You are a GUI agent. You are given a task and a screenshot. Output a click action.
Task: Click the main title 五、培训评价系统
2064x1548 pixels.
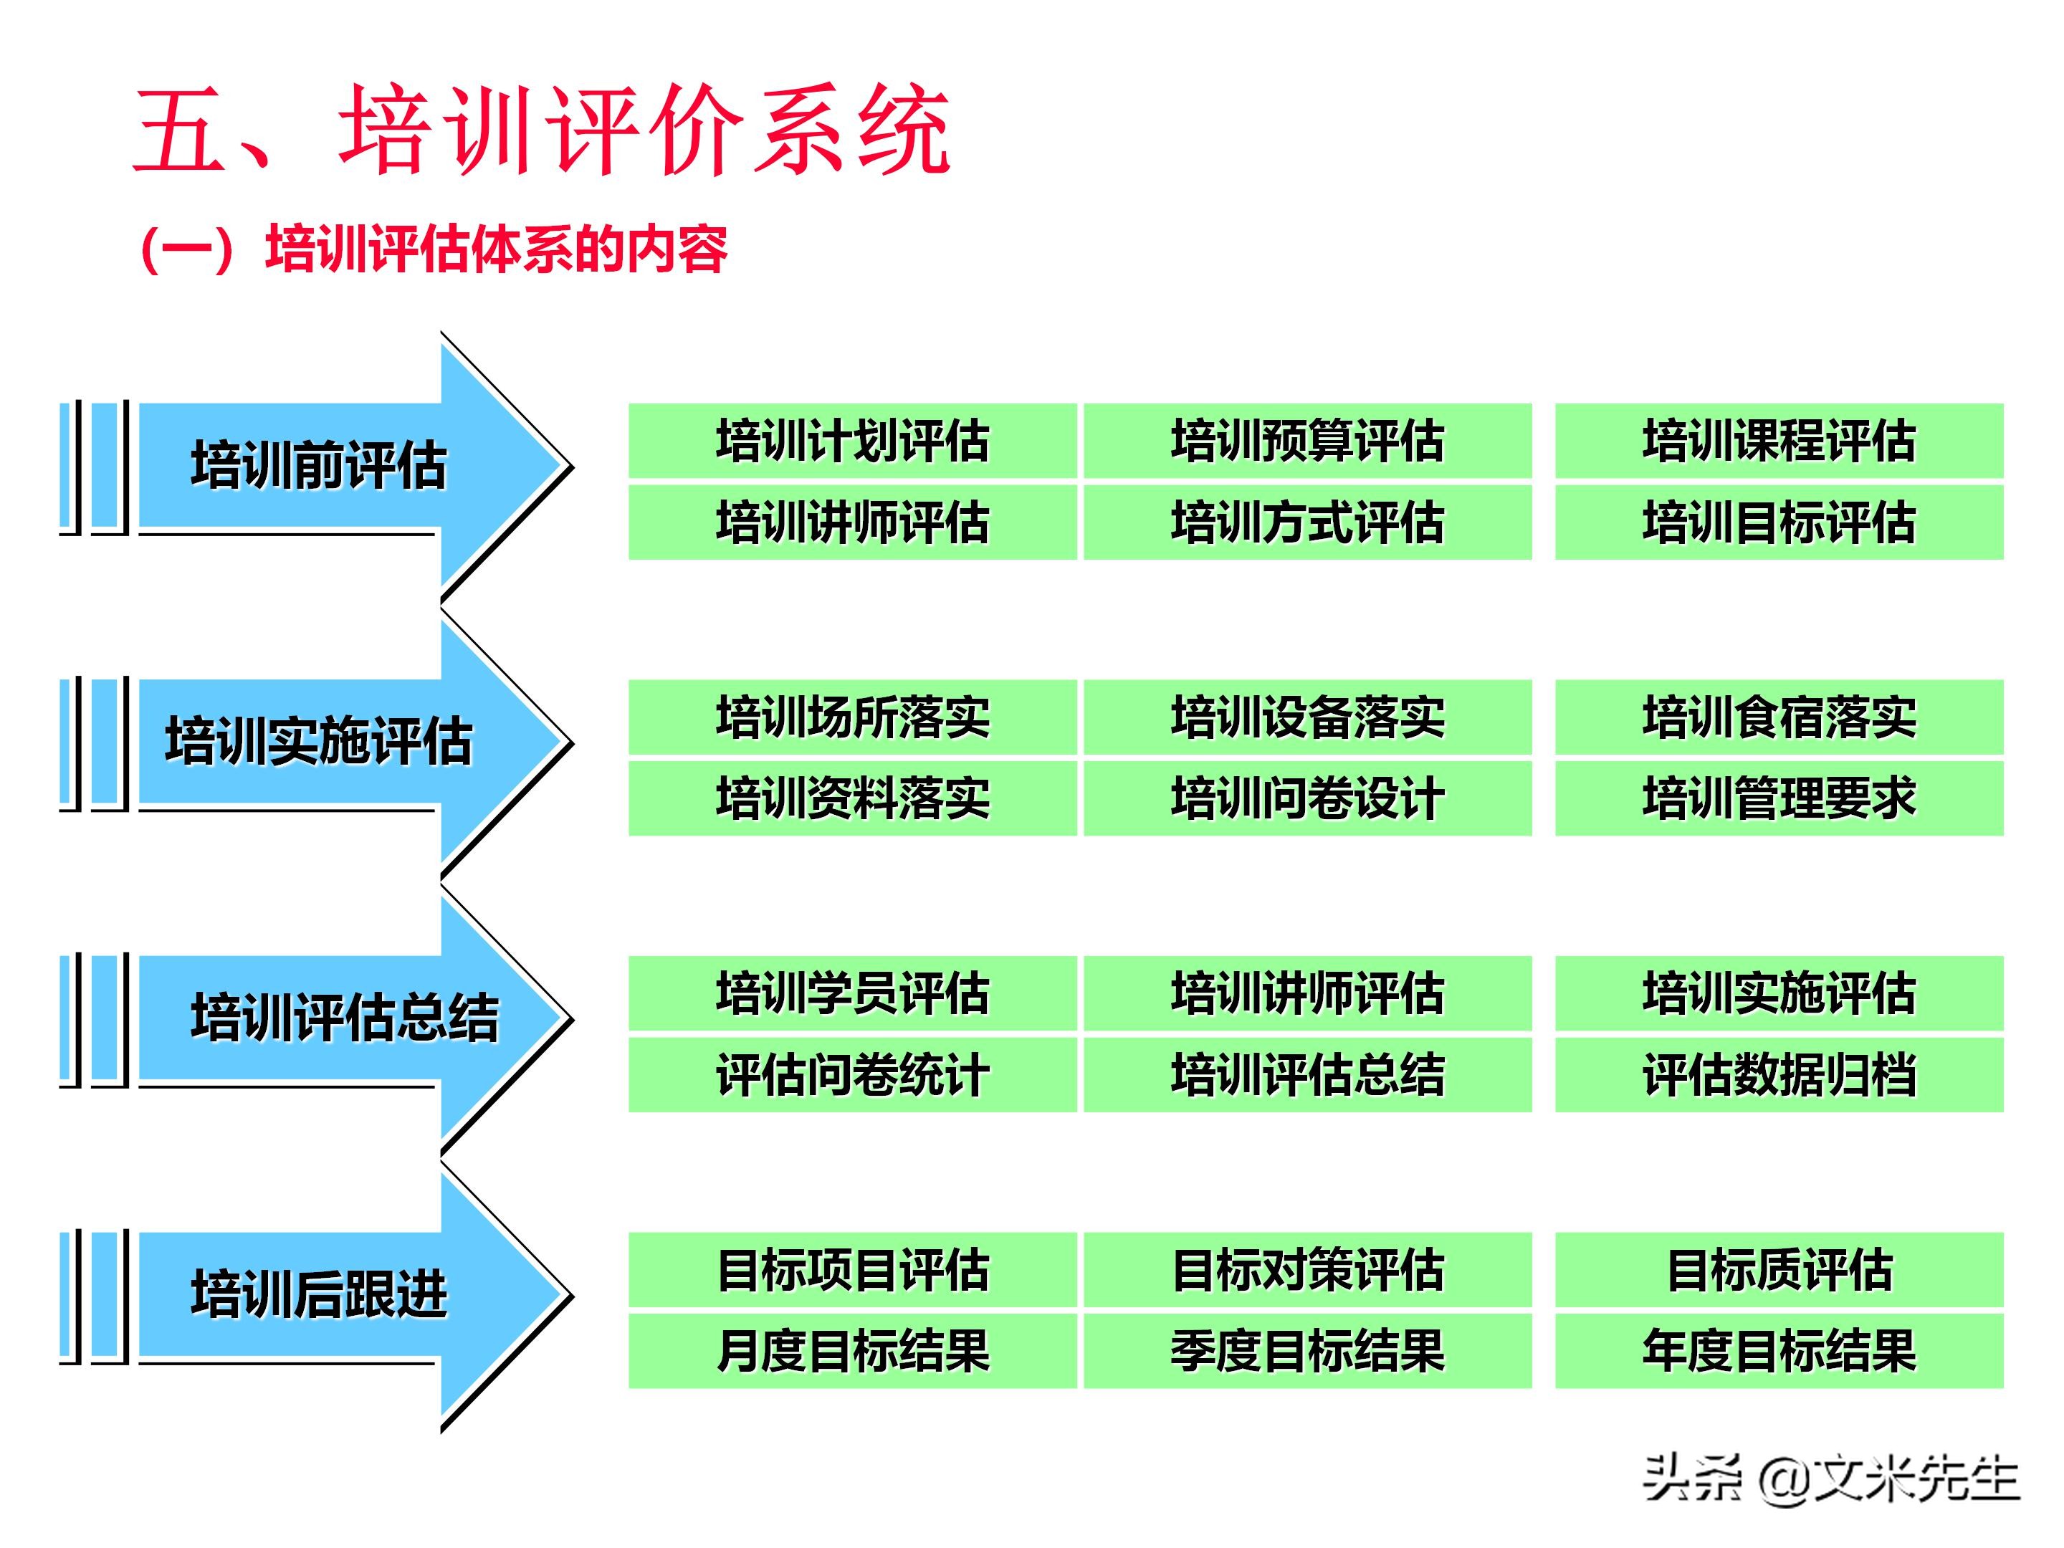point(541,130)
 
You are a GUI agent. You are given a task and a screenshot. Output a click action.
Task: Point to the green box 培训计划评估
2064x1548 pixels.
point(852,441)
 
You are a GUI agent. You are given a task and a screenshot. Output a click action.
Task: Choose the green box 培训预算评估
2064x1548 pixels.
point(1306,441)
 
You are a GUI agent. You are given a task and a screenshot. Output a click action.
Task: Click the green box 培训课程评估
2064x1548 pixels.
point(1779,441)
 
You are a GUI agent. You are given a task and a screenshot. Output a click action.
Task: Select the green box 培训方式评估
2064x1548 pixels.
point(1306,522)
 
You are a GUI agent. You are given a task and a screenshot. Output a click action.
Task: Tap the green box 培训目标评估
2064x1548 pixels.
point(1779,522)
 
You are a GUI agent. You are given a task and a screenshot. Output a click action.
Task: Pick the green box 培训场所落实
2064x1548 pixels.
point(852,717)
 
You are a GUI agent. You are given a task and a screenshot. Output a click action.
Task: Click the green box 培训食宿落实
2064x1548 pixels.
point(1779,717)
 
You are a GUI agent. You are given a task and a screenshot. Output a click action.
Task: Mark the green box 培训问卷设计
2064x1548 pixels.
point(1306,798)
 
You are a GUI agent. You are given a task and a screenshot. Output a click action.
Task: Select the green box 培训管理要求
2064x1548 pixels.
point(1779,798)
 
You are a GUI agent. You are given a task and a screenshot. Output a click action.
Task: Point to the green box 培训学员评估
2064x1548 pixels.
point(852,993)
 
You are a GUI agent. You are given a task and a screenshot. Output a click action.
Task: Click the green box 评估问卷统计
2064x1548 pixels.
point(852,1074)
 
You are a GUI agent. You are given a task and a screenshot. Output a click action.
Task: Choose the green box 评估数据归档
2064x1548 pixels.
point(1779,1074)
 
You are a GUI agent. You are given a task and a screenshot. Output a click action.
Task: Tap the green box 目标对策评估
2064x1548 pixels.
point(1306,1269)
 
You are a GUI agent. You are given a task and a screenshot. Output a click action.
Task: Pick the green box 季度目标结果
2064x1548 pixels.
point(1306,1350)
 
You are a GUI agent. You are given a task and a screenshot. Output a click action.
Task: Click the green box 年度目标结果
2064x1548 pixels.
point(1779,1350)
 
